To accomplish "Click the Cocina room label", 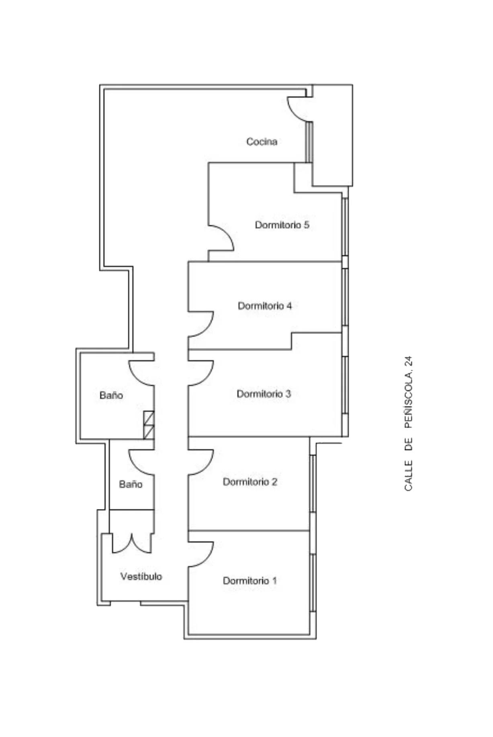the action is pos(262,142).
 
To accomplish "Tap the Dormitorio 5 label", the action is pos(282,225).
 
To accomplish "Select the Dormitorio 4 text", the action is pos(265,306).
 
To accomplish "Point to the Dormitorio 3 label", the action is pos(264,394).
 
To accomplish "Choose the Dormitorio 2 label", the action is pos(250,481).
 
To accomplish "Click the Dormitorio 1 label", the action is pos(250,581).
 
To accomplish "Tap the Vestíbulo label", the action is pos(141,576).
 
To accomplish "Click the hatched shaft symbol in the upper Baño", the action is pos(149,425).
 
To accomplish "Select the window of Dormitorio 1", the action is pos(313,583).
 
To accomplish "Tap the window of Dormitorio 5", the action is pos(345,226).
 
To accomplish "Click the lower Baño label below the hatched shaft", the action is pos(131,484).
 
